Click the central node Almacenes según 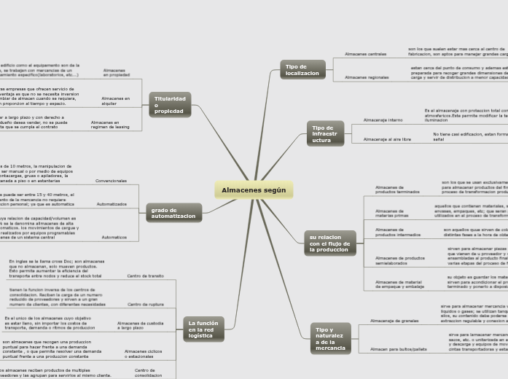254,190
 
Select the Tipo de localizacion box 302,70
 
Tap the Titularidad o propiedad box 170,105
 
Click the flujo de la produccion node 329,243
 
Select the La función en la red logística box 203,329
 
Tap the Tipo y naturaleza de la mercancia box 330,339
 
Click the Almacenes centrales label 365,54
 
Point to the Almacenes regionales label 367,77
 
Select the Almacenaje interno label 383,120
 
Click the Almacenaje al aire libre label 387,138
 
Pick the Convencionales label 111,181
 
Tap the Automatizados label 112,204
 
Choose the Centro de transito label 145,276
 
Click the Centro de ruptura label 145,304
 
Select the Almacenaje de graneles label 394,320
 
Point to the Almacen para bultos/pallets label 399,349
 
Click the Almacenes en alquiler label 115,101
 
